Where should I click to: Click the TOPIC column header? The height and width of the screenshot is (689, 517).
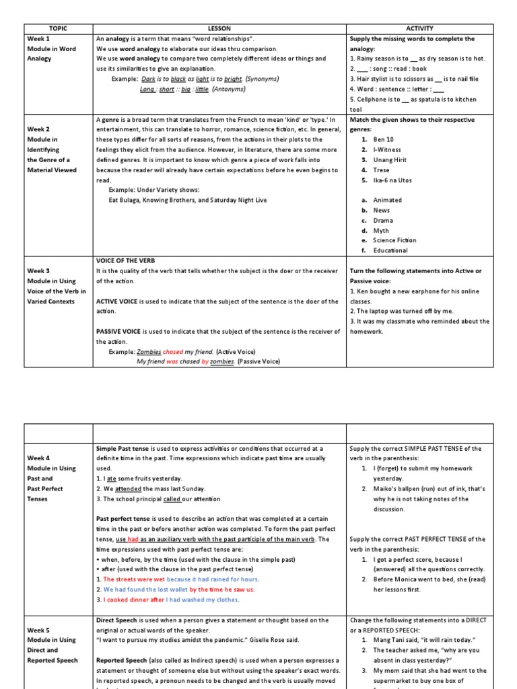58,28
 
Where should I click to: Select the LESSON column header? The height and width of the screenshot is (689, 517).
219,28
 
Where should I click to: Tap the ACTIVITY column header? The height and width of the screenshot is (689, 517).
419,28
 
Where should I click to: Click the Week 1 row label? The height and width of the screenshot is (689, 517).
38,39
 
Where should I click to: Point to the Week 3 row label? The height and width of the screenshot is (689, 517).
38,270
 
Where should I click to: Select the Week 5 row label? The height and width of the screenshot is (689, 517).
38,630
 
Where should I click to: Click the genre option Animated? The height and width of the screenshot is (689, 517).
387,200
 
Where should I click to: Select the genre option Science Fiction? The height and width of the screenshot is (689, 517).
394,240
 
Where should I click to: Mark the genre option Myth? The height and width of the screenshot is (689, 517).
381,230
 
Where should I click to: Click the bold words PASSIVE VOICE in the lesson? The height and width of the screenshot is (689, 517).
117,331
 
